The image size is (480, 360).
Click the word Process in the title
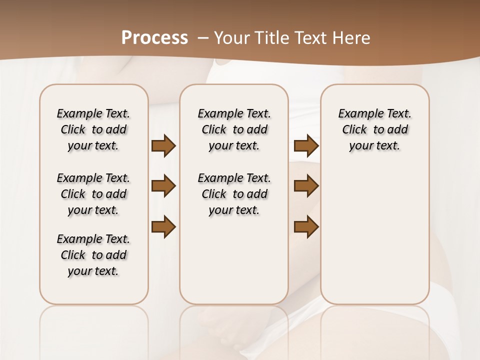tap(154, 37)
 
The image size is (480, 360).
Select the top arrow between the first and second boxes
tap(163, 146)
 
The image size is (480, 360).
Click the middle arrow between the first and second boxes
tap(163, 186)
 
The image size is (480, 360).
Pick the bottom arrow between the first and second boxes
tap(163, 227)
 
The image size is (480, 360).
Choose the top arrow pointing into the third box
tap(306, 146)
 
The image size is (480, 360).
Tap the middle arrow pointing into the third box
tap(306, 186)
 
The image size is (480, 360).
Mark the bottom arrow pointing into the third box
tap(306, 227)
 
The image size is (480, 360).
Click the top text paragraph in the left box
tap(93, 129)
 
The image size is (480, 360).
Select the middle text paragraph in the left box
tap(93, 194)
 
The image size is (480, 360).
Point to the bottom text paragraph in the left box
tap(93, 255)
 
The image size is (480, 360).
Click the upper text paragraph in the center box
tap(234, 129)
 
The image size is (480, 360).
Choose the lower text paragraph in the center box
tap(234, 194)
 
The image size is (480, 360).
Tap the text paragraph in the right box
tap(374, 129)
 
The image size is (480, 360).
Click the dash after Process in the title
tap(203, 38)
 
